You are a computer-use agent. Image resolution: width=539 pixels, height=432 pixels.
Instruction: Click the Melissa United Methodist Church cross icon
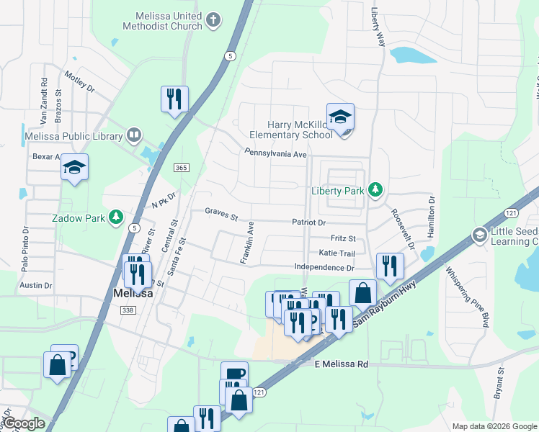pos(213,20)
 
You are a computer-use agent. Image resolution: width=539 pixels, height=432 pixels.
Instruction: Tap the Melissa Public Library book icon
pos(133,135)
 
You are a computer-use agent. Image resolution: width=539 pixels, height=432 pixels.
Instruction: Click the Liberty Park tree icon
pos(375,190)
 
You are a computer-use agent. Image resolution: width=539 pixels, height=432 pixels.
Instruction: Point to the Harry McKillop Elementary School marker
pos(341,118)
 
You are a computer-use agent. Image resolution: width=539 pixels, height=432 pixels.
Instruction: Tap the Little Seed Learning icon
pos(479,235)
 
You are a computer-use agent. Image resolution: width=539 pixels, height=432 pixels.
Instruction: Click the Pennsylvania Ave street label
pos(276,153)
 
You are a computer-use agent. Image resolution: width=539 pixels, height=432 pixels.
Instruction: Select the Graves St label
pos(220,212)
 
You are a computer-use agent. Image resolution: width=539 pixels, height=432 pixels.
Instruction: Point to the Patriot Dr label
pos(309,223)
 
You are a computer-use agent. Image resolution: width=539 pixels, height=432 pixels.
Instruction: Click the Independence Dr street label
pos(324,268)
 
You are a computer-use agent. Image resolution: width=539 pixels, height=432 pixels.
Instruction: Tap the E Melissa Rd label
pos(342,365)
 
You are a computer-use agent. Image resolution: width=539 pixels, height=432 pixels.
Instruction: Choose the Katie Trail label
pos(337,253)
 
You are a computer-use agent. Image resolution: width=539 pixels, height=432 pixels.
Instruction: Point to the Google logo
pos(23,423)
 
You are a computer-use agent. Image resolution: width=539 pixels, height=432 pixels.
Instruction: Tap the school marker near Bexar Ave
pos(73,168)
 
